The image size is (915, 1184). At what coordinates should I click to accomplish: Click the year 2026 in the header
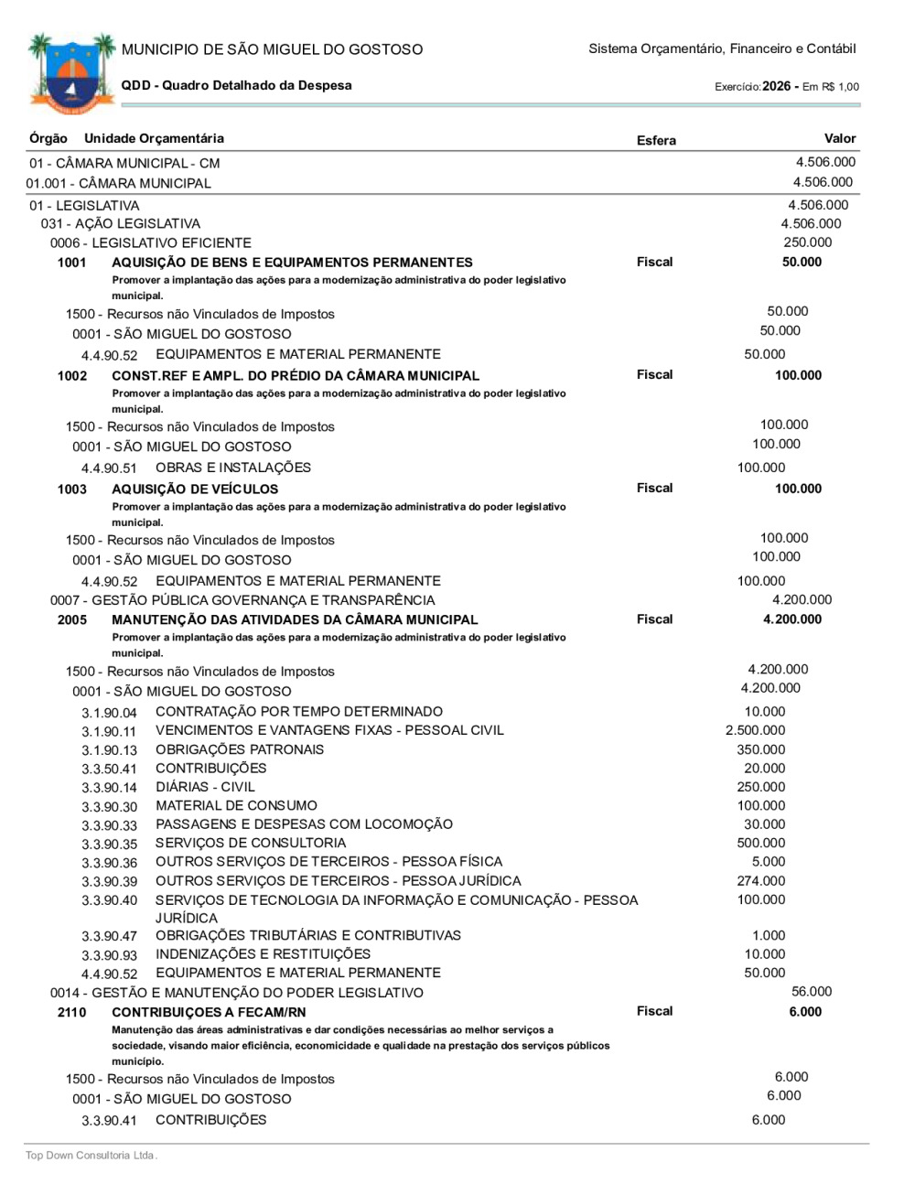[x=776, y=86]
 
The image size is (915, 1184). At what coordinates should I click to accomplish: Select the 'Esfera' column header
[x=656, y=140]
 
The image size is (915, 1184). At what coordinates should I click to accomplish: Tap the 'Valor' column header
[x=839, y=138]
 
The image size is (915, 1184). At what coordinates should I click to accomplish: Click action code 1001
[x=72, y=263]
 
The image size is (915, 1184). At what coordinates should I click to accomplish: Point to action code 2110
[x=72, y=1012]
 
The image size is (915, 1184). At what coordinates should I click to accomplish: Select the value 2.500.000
[x=755, y=730]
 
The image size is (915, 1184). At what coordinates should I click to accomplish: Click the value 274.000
[x=760, y=881]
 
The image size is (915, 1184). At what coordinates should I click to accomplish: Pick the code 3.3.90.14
[x=109, y=788]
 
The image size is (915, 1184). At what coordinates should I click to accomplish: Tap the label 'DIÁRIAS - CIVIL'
[x=205, y=787]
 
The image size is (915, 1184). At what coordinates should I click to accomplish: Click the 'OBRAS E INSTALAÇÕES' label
[x=233, y=468]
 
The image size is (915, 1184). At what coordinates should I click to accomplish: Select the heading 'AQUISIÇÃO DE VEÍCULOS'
[x=195, y=490]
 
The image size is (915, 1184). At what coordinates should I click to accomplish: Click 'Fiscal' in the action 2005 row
[x=654, y=619]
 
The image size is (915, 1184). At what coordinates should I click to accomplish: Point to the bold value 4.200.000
[x=791, y=619]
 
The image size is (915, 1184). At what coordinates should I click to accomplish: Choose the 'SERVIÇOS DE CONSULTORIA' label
[x=251, y=843]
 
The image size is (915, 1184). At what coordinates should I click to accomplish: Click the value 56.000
[x=812, y=992]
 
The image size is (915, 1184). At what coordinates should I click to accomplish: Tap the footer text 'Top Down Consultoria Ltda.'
[x=91, y=1156]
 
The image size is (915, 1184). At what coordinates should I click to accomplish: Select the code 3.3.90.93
[x=109, y=955]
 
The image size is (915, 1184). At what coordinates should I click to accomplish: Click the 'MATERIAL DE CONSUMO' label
[x=236, y=806]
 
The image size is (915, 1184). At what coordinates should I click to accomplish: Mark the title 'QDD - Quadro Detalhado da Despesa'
[x=236, y=85]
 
